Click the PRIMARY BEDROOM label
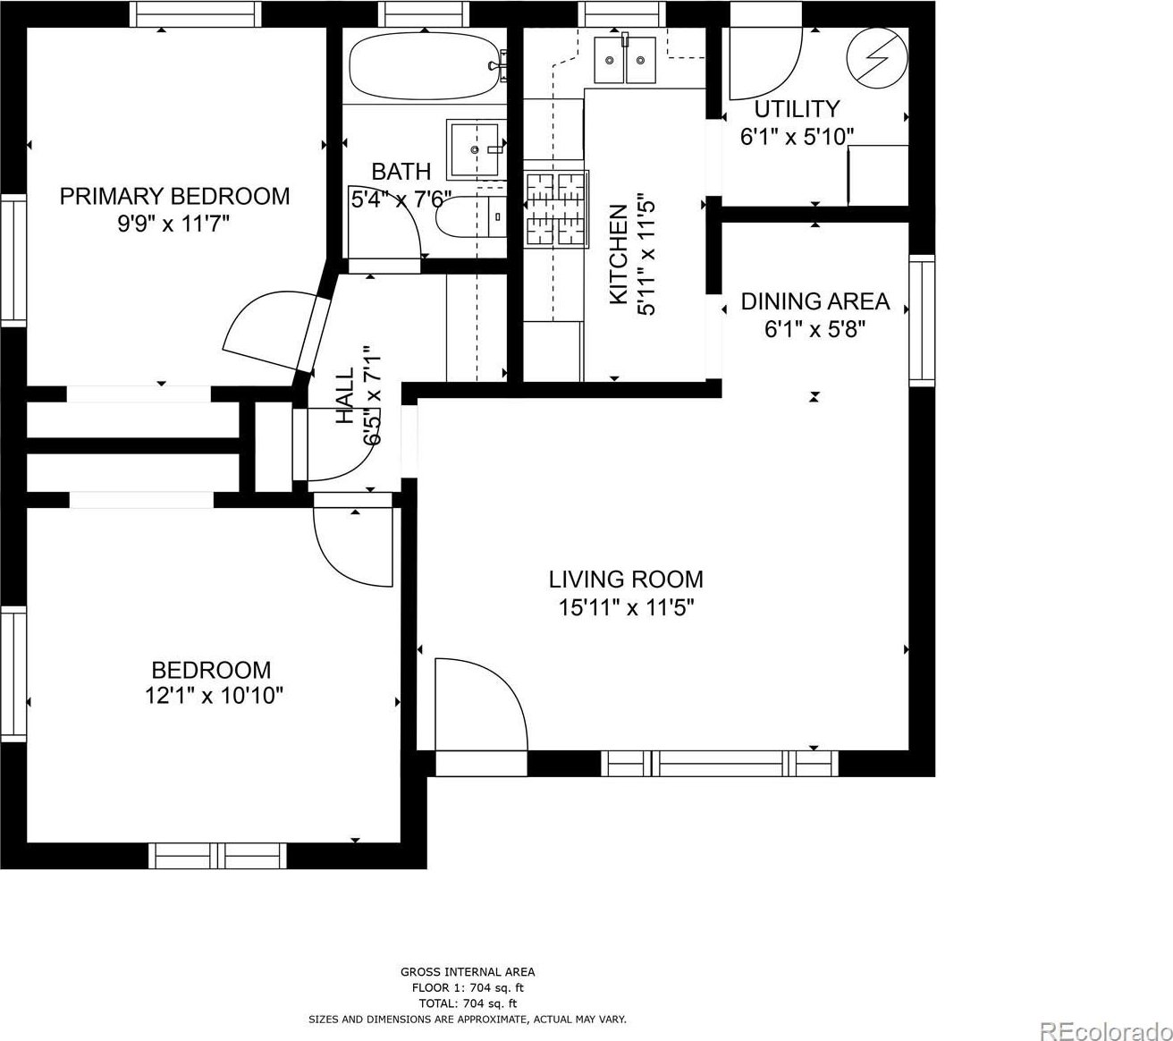pyautogui.click(x=174, y=197)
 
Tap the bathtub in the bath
pyautogui.click(x=426, y=66)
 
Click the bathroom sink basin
pyautogui.click(x=475, y=149)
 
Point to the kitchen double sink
pyautogui.click(x=624, y=60)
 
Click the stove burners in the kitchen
pyautogui.click(x=556, y=209)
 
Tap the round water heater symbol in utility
pyautogui.click(x=878, y=58)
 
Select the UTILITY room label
pyautogui.click(x=797, y=109)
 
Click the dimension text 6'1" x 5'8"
pyautogui.click(x=814, y=330)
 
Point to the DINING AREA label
pyautogui.click(x=815, y=301)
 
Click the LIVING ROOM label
pyautogui.click(x=626, y=580)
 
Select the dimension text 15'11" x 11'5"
pyautogui.click(x=626, y=608)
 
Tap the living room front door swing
pyautogui.click(x=480, y=705)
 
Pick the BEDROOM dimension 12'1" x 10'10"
pyautogui.click(x=214, y=695)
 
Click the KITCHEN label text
pyautogui.click(x=619, y=254)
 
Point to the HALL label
pyautogui.click(x=345, y=395)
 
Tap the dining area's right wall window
pyautogui.click(x=922, y=320)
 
